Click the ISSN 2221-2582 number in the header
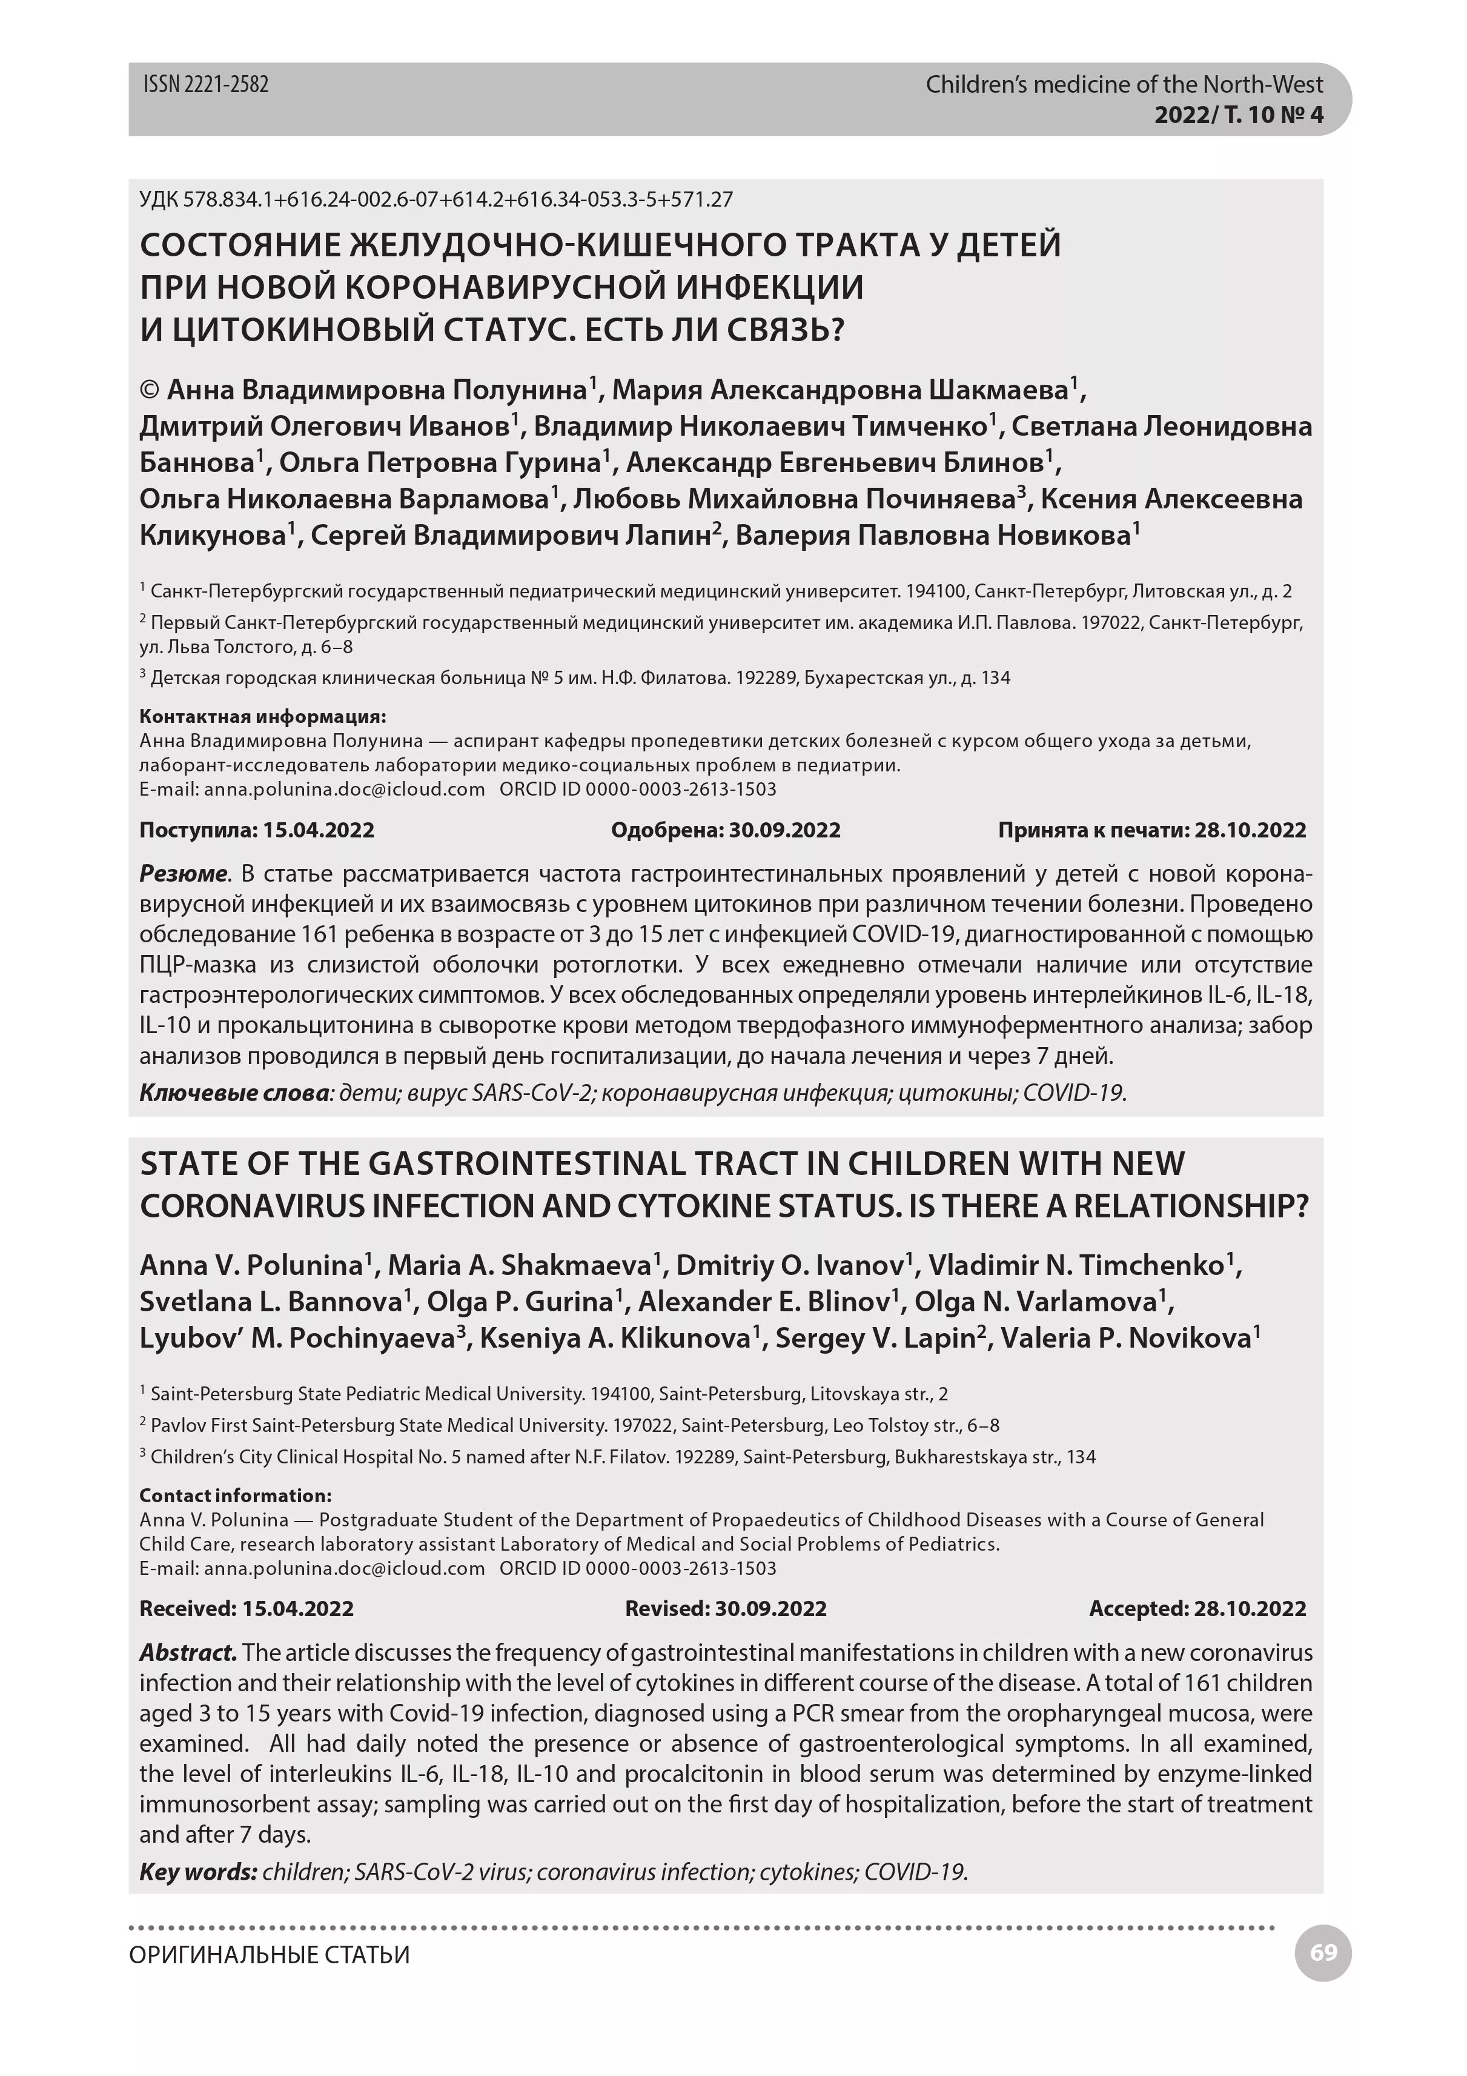pos(206,85)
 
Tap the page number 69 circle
pos(1322,1953)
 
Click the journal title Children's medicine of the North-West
pos(1124,85)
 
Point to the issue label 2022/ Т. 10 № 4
pos(1238,115)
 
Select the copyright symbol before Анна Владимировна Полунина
pos(150,390)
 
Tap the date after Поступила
pos(318,830)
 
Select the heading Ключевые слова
pos(233,1093)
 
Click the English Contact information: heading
pos(235,1495)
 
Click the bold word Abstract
pos(188,1653)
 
